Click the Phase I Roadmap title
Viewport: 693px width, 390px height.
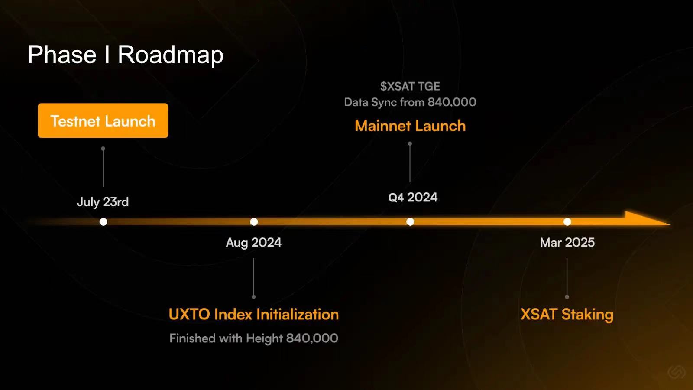point(125,55)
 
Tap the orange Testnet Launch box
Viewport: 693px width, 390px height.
point(103,121)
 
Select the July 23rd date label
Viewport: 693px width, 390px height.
point(102,202)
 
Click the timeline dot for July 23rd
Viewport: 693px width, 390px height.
point(104,221)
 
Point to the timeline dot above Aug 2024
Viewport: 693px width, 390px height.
point(254,221)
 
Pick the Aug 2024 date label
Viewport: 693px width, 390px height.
point(254,243)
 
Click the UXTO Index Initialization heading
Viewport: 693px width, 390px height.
point(254,314)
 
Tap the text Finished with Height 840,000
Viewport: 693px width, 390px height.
point(254,338)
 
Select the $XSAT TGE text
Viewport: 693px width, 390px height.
point(410,86)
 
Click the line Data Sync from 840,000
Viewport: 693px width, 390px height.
point(410,102)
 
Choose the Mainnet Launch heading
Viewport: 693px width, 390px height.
point(410,126)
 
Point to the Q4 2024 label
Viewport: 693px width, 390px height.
point(413,198)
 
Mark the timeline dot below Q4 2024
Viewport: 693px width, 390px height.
point(410,221)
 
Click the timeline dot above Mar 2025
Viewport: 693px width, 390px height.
point(567,221)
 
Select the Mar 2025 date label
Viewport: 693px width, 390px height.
point(567,243)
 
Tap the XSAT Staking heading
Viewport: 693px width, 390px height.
point(567,315)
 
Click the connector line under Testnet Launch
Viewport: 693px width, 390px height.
point(103,167)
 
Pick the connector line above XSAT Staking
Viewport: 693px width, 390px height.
point(567,278)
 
